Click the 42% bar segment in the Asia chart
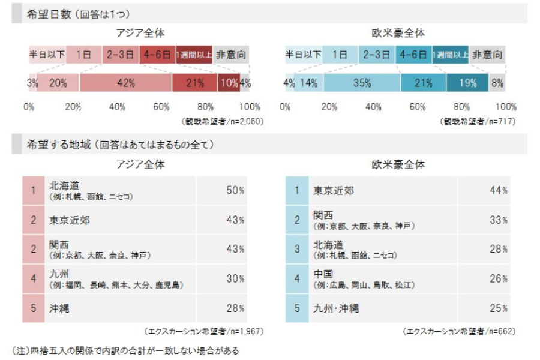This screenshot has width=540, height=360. pos(126,83)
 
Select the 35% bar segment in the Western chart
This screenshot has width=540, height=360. pos(362,83)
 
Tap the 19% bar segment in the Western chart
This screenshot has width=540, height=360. pos(468,83)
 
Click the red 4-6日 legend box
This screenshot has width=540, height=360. pos(158,55)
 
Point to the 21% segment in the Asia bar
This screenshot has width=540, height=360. pos(195,83)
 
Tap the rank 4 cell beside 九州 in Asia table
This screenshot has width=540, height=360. pos(34,279)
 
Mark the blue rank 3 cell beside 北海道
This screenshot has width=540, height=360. pos(296,249)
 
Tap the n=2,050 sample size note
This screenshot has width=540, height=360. pos(223,121)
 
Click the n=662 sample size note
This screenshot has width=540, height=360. pos(458,331)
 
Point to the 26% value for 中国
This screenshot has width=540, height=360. pos(499,279)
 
